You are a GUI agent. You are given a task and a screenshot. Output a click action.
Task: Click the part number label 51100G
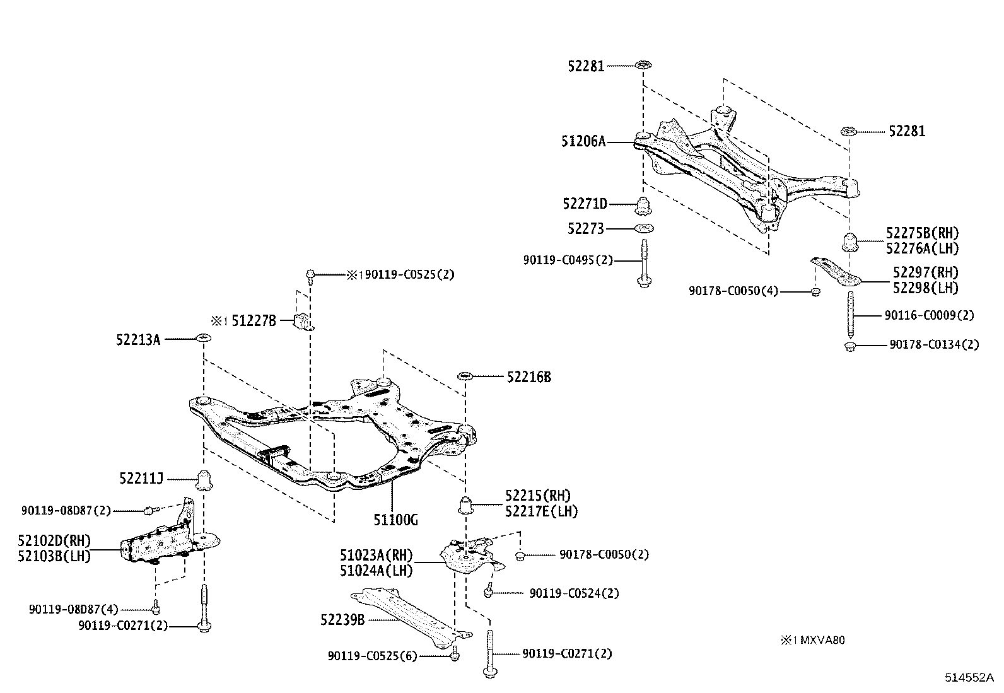(x=396, y=520)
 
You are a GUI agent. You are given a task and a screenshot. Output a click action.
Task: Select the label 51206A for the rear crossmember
(x=583, y=142)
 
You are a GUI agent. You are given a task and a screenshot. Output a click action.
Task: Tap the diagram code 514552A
(x=969, y=677)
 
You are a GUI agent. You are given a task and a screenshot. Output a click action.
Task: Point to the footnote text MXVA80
(x=822, y=640)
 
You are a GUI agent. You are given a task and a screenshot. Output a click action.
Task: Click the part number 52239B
(x=342, y=620)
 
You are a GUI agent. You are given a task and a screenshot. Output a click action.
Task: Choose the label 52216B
(x=529, y=377)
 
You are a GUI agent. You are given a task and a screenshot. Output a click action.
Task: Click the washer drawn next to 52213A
(x=204, y=337)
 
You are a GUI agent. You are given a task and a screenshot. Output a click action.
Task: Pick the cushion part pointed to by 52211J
(x=205, y=480)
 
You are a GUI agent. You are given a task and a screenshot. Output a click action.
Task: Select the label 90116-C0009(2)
(x=929, y=315)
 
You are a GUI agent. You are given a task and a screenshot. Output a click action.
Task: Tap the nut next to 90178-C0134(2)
(x=850, y=347)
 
